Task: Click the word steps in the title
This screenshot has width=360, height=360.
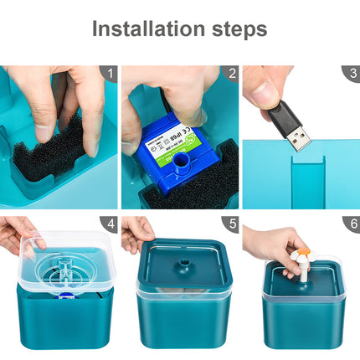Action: [236, 30]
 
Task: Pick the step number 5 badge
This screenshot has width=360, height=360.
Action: [231, 224]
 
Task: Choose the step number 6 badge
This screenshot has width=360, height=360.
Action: [352, 224]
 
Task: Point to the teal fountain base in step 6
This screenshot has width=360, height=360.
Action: [303, 322]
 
